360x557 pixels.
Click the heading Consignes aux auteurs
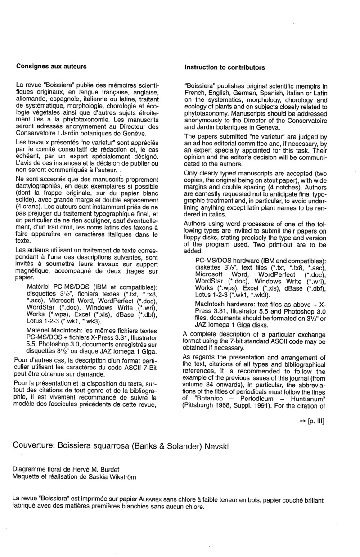click(x=51, y=67)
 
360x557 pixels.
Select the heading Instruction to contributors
click(x=225, y=67)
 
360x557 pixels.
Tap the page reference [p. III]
click(x=315, y=422)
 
